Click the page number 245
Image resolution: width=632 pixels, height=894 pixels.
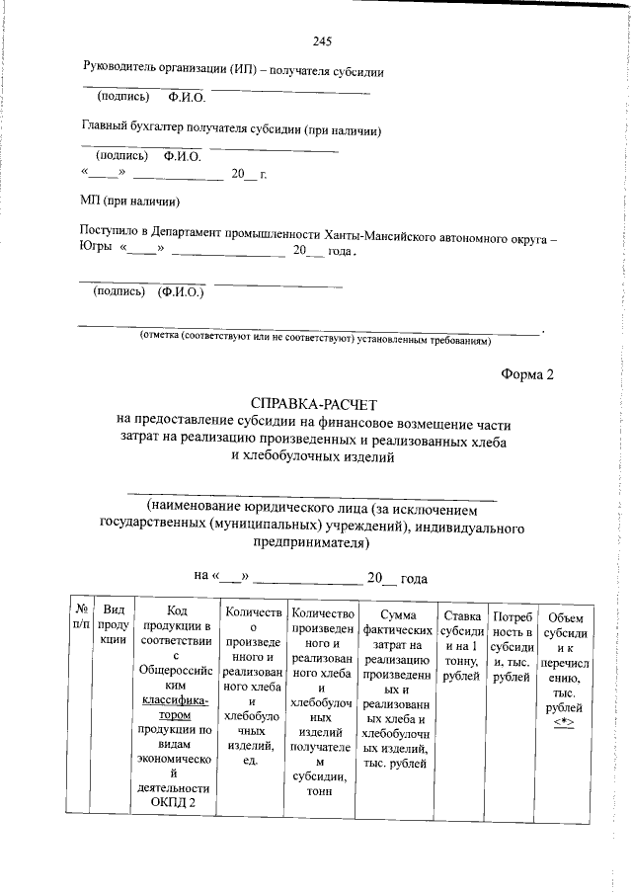pos(321,41)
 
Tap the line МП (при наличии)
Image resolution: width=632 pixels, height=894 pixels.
pos(128,201)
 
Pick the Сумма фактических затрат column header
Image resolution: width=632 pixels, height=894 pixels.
pos(398,689)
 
